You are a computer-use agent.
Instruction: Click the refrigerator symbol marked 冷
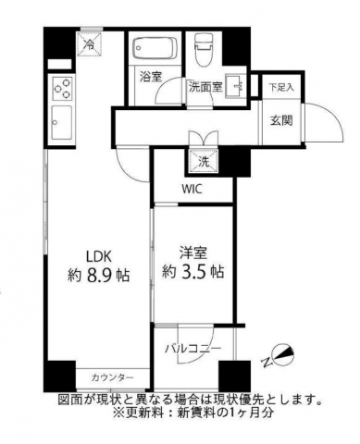point(91,43)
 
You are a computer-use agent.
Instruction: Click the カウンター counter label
point(113,378)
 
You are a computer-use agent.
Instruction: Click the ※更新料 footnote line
point(190,413)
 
